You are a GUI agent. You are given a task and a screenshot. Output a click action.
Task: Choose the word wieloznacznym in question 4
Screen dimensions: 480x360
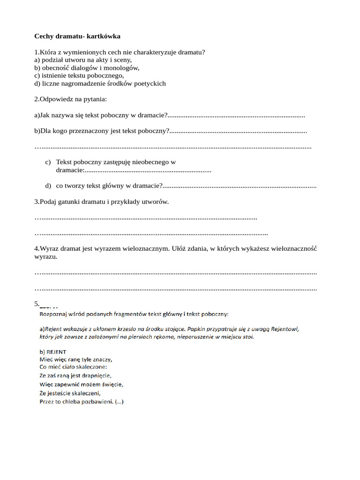click(148, 249)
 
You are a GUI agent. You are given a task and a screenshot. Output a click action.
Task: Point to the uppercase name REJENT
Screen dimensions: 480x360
click(56, 352)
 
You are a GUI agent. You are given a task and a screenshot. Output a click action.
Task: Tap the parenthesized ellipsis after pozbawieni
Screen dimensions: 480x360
click(119, 401)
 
